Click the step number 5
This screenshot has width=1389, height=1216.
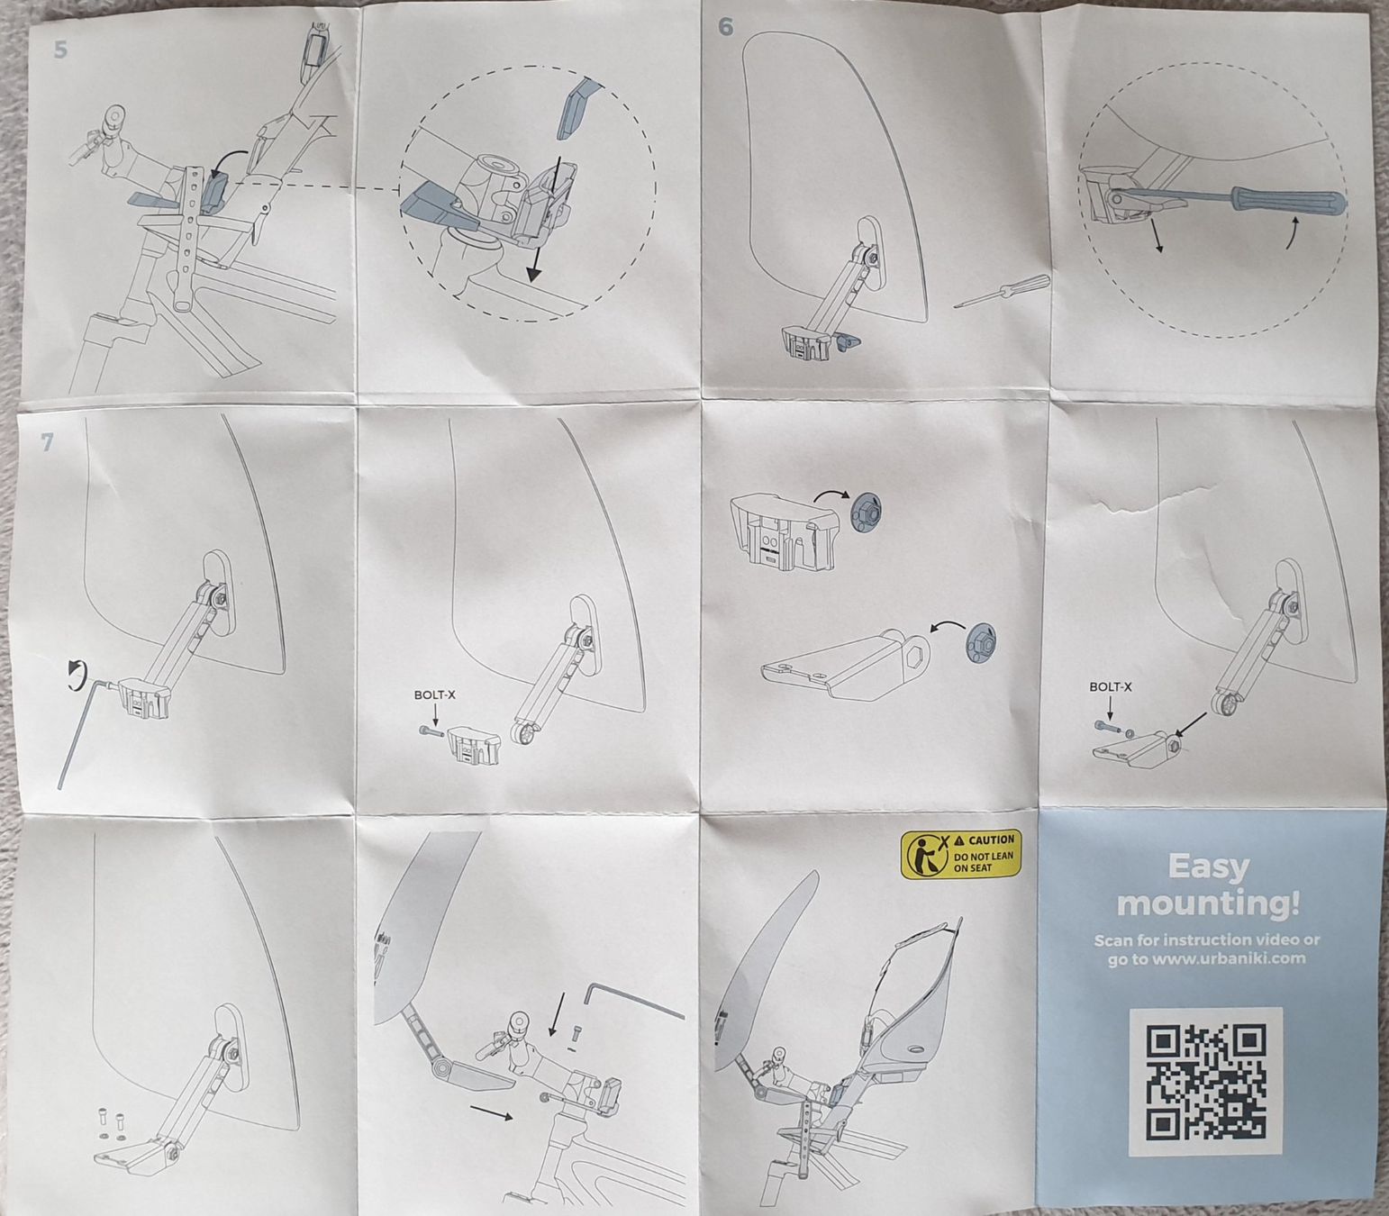pyautogui.click(x=60, y=50)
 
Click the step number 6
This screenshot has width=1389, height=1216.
pyautogui.click(x=726, y=27)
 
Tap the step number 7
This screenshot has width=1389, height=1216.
pyautogui.click(x=46, y=442)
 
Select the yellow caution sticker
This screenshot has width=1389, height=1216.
pyautogui.click(x=960, y=852)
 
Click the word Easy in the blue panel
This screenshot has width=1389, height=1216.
pyautogui.click(x=1209, y=867)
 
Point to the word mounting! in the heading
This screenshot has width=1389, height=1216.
pyautogui.click(x=1209, y=903)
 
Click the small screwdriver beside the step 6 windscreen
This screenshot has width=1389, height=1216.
pyautogui.click(x=1001, y=291)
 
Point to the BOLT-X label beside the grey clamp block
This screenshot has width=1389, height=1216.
pyautogui.click(x=435, y=695)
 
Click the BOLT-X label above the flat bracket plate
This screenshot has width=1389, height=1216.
pyautogui.click(x=1111, y=686)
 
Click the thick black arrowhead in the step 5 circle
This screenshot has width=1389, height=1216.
pyautogui.click(x=534, y=273)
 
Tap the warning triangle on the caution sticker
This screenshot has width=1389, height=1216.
pyautogui.click(x=959, y=839)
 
